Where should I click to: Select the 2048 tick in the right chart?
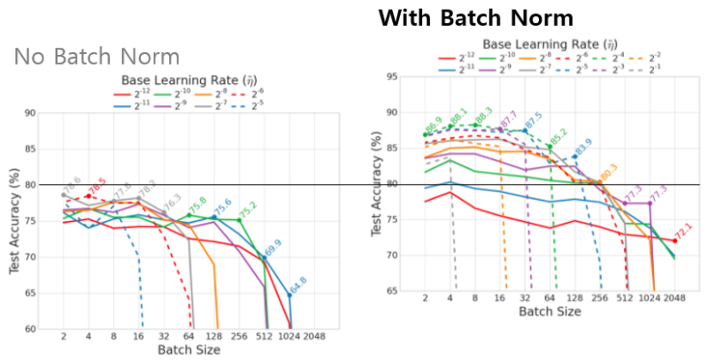click(x=674, y=298)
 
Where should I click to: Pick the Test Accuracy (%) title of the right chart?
click(x=377, y=183)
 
